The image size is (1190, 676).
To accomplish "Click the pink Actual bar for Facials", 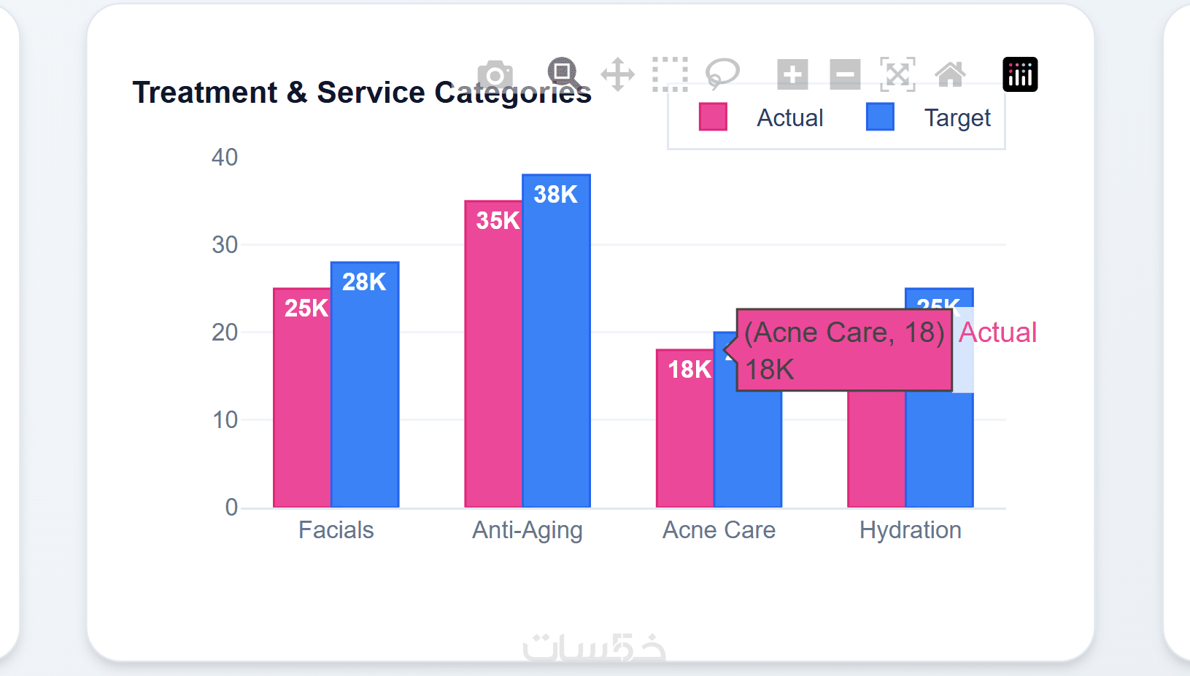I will [302, 408].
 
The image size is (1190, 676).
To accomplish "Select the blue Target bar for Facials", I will [365, 394].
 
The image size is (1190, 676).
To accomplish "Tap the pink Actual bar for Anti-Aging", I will [493, 365].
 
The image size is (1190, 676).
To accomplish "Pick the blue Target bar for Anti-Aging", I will [556, 350].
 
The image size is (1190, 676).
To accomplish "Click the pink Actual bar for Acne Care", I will [684, 438].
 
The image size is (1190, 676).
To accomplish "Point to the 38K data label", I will [555, 195].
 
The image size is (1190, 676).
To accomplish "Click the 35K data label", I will [498, 221].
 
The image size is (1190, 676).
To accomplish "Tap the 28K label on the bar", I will [364, 282].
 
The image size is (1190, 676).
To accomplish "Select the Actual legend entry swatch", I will [713, 117].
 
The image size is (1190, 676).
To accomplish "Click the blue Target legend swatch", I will [880, 117].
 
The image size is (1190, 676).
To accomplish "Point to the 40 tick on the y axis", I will [225, 158].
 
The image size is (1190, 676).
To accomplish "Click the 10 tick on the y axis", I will [225, 420].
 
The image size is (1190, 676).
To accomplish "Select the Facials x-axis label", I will [336, 530].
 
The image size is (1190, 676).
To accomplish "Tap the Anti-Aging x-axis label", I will [527, 530].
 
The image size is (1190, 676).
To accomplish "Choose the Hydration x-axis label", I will [910, 530].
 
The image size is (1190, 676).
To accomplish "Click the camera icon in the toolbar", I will [495, 74].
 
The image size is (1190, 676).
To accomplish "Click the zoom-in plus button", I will [792, 74].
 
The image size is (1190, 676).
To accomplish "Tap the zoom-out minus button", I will [845, 74].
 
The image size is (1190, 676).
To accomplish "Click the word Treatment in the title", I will [205, 93].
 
